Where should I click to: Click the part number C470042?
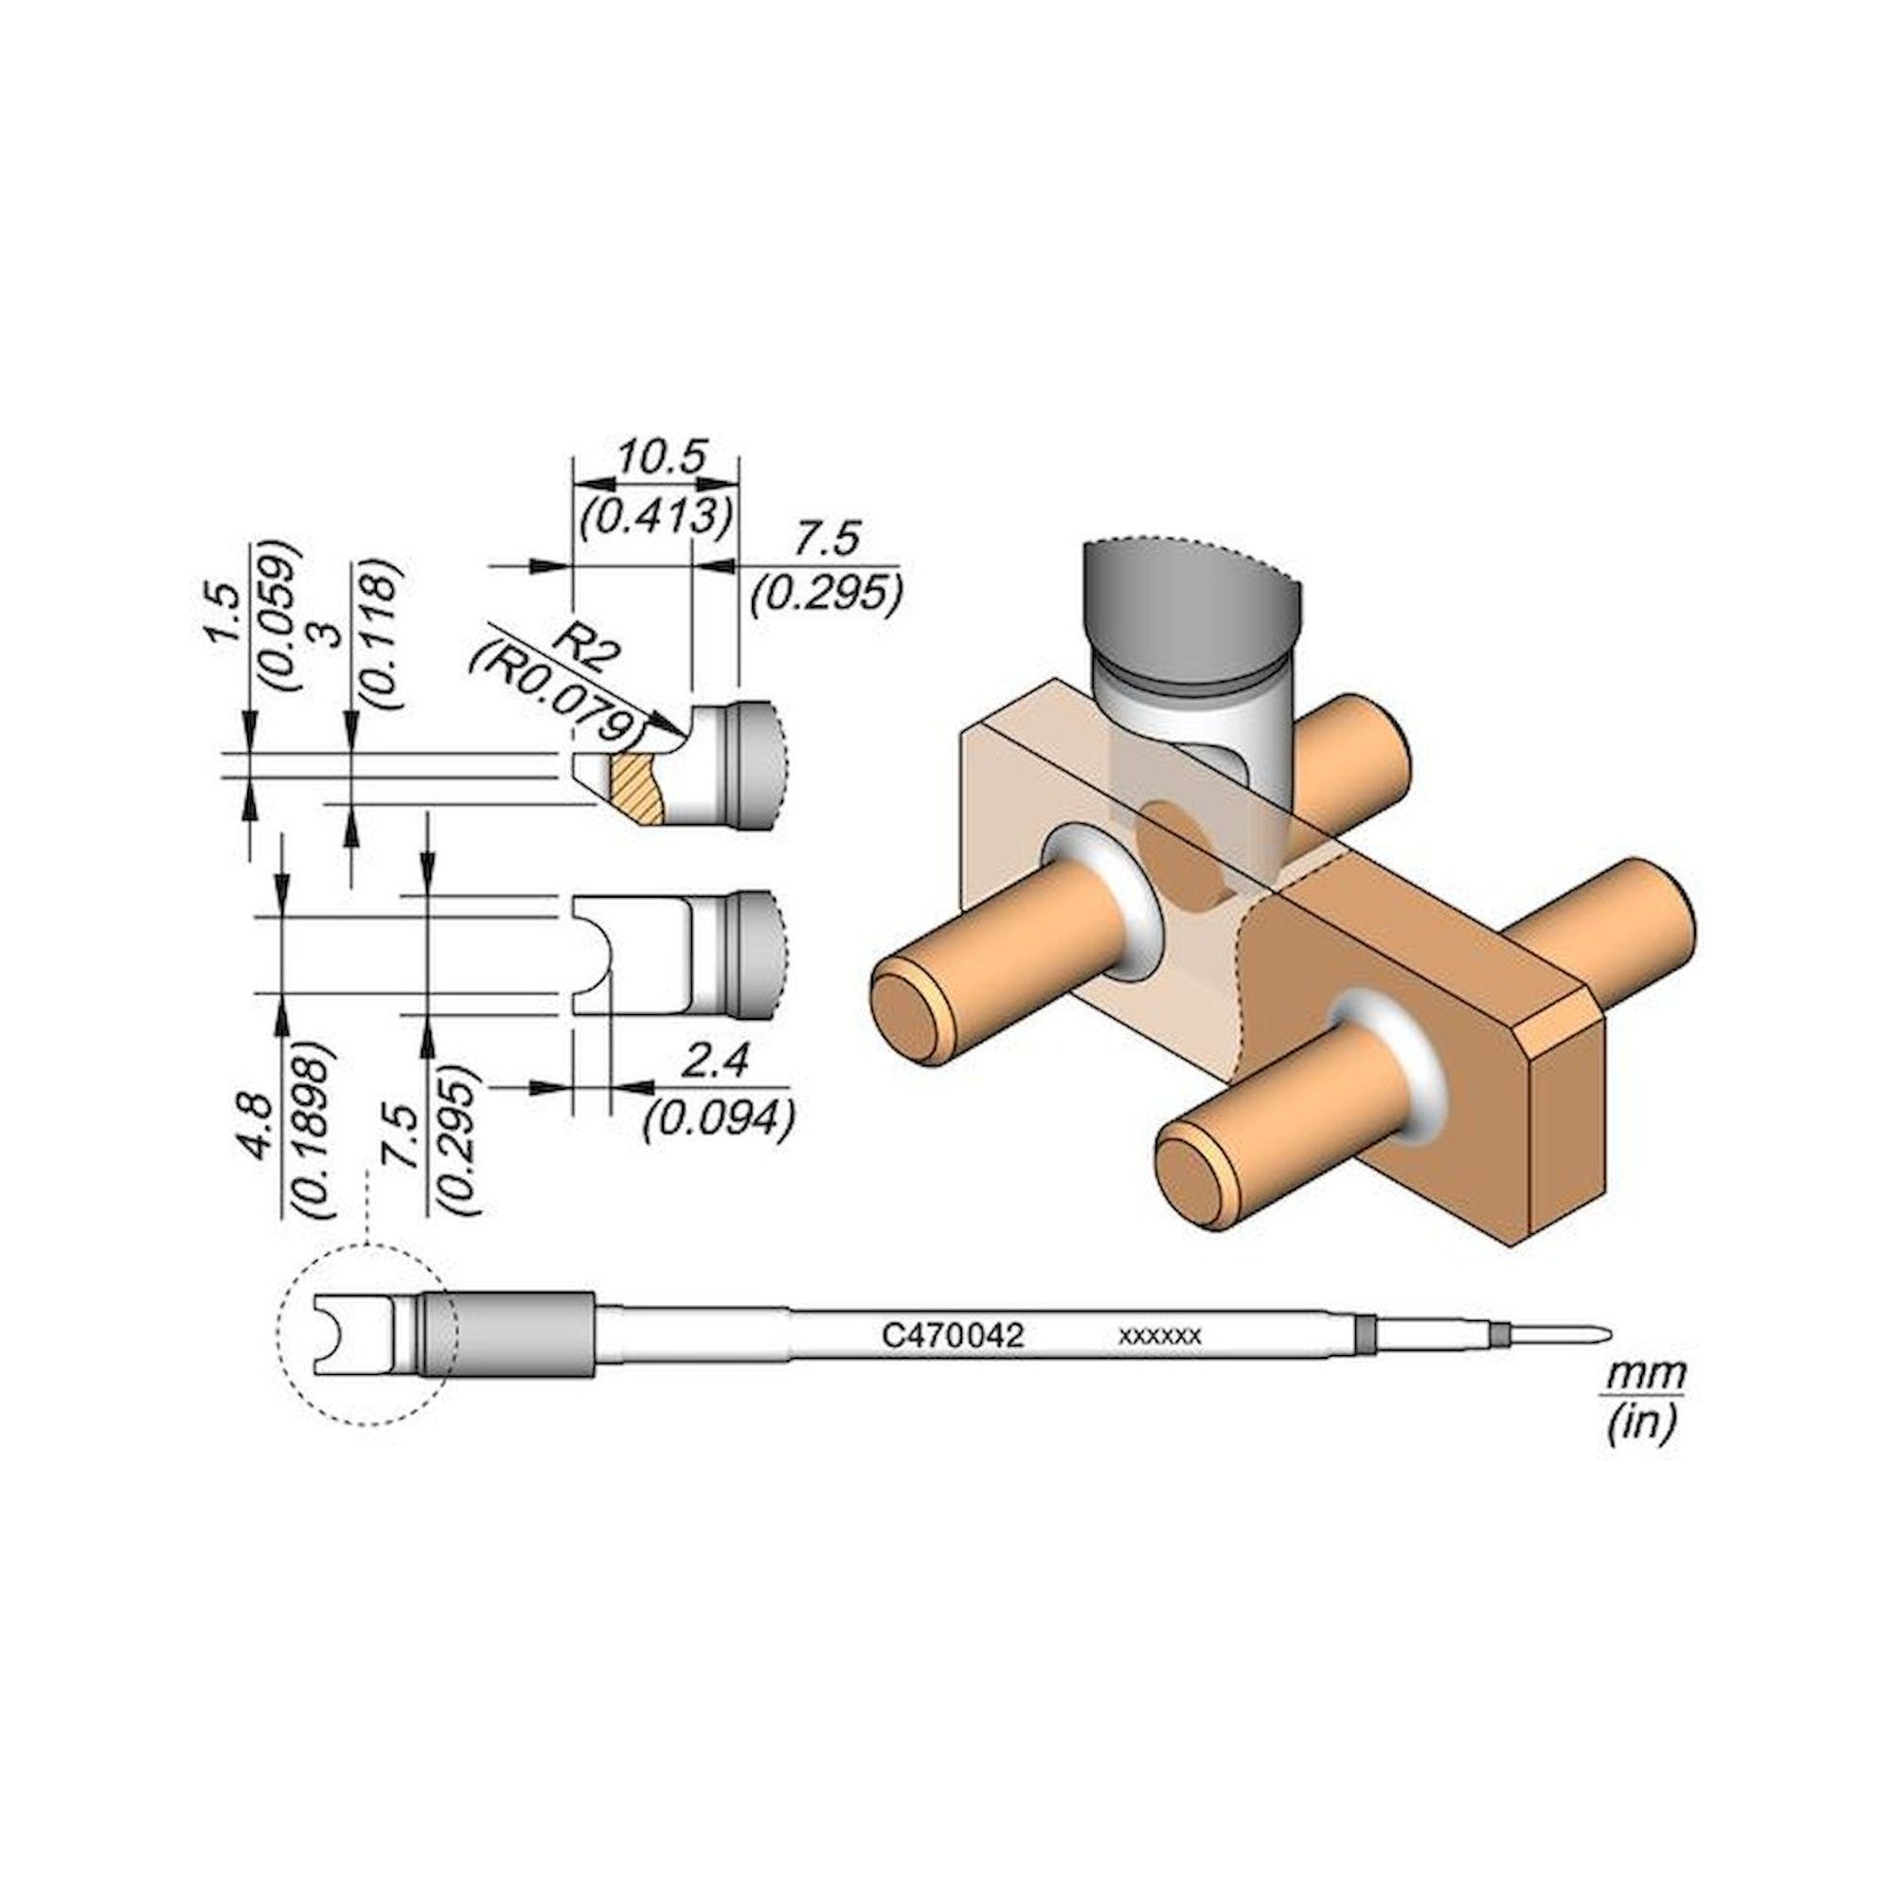(x=953, y=1335)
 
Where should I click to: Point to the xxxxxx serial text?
(x=1160, y=1336)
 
